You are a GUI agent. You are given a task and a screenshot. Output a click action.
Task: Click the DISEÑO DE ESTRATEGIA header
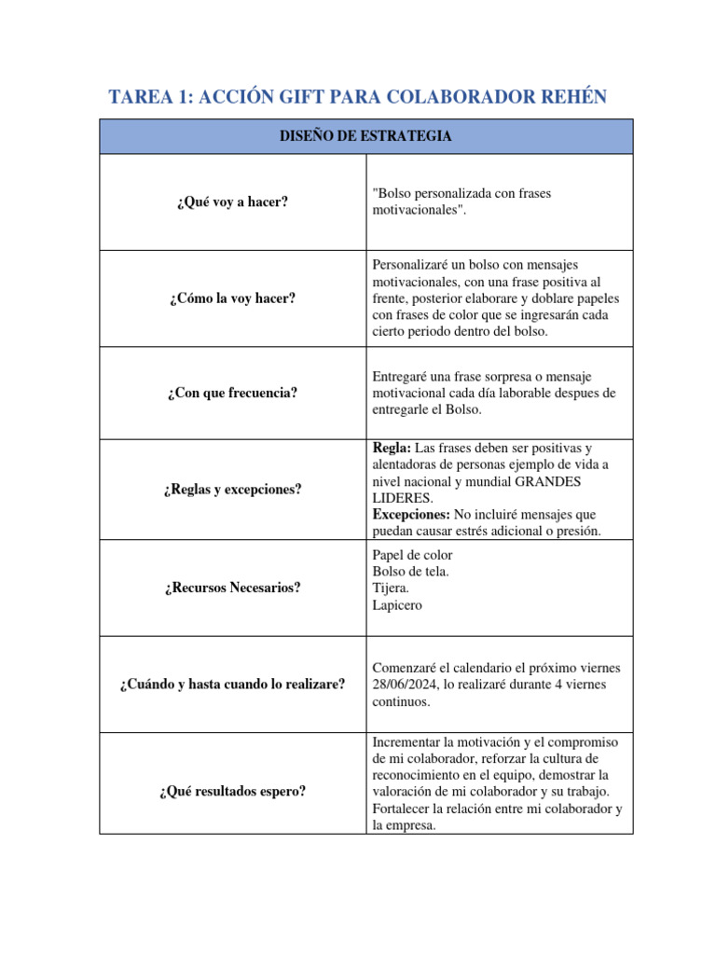(x=365, y=136)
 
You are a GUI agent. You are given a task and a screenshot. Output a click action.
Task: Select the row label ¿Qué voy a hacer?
(x=231, y=201)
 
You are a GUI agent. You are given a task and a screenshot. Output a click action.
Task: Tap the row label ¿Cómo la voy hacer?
(x=231, y=298)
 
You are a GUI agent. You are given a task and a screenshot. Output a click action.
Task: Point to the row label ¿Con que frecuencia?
(x=231, y=393)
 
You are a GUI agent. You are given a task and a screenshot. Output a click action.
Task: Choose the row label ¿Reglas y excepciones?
(x=231, y=489)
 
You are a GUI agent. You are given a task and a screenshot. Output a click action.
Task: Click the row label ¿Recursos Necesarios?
(x=231, y=588)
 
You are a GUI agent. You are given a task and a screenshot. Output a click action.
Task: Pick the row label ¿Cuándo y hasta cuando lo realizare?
(x=231, y=685)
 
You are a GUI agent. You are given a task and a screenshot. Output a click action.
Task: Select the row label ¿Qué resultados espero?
(x=231, y=792)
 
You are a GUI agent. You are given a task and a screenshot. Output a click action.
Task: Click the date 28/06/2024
(x=407, y=685)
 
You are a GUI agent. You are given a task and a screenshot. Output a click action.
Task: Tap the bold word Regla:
(x=392, y=449)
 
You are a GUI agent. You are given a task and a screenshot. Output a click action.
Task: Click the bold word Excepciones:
(x=411, y=514)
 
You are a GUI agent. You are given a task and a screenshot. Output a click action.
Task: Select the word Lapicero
(x=397, y=604)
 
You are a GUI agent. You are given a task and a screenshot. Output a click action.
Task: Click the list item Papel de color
(x=412, y=555)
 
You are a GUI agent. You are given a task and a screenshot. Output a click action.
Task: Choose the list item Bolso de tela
(x=410, y=571)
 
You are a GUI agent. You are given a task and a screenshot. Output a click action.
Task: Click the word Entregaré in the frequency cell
(x=402, y=376)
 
